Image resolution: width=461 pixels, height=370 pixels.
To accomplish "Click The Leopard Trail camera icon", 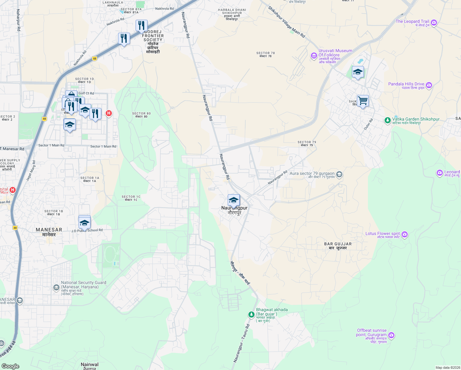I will [x=434, y=23].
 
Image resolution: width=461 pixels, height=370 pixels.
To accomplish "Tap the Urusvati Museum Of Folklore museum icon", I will [x=314, y=56].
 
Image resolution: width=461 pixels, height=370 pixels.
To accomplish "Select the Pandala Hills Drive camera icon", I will [x=429, y=85].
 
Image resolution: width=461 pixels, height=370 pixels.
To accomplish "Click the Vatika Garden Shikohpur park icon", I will [x=388, y=120].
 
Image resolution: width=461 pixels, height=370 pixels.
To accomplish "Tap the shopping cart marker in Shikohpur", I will [x=363, y=101].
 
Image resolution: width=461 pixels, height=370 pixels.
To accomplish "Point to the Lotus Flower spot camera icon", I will [x=405, y=235].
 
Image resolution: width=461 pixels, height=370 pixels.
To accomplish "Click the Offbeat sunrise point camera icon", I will [x=391, y=335].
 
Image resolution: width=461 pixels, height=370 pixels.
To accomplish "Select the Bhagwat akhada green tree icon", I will [x=251, y=314].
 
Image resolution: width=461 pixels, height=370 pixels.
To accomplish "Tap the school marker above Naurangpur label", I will [x=234, y=200].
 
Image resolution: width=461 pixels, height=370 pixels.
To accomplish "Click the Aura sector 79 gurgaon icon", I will [x=339, y=175].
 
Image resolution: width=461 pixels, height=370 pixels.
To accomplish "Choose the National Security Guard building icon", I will [x=56, y=288].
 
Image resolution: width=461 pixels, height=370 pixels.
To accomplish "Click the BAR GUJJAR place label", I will [x=338, y=246].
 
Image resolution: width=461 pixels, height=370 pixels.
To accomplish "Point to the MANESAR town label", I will [x=49, y=232].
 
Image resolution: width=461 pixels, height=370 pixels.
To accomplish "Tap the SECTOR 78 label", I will [x=265, y=55].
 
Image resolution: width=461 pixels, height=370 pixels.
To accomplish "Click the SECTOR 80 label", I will [x=141, y=115].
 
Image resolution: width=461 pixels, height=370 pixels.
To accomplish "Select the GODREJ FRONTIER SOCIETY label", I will [x=153, y=36].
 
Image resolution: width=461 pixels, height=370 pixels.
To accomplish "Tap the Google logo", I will [x=10, y=366].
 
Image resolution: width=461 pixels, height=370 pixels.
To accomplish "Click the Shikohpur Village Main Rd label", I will [x=286, y=22].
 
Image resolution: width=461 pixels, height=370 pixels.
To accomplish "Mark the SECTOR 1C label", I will [x=131, y=198].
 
